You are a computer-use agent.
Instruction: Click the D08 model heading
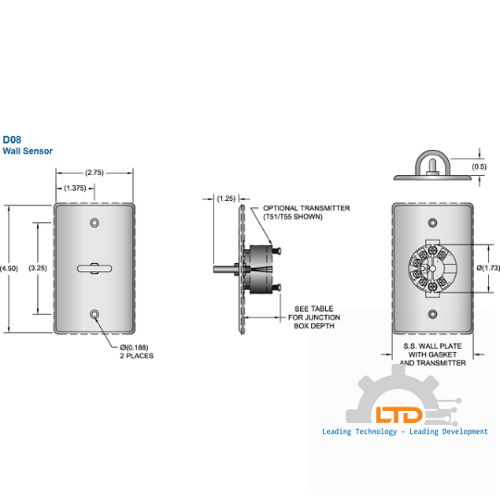(x=12, y=140)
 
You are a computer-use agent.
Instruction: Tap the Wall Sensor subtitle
(x=28, y=151)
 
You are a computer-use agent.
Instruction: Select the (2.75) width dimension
(x=94, y=172)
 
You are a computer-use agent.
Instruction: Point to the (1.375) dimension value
(x=75, y=188)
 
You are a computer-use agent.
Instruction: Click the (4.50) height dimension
(x=9, y=269)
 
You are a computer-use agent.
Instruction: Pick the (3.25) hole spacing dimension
(x=38, y=268)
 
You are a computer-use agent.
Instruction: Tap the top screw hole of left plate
(x=94, y=222)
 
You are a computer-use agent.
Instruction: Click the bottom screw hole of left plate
(x=94, y=314)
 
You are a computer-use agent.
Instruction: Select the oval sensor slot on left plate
(x=94, y=269)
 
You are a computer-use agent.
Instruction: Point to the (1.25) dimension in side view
(x=226, y=199)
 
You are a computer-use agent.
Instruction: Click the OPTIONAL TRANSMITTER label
(x=306, y=212)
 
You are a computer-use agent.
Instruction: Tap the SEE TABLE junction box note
(x=314, y=318)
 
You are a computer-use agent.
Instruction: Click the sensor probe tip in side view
(x=215, y=269)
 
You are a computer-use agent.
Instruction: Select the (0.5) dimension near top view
(x=479, y=167)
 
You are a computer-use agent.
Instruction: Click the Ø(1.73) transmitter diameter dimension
(x=488, y=269)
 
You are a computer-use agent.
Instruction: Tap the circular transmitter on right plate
(x=432, y=269)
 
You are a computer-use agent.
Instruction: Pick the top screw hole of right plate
(x=432, y=222)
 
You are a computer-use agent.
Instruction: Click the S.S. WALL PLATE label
(x=432, y=355)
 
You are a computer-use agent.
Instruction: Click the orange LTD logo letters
(x=399, y=415)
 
